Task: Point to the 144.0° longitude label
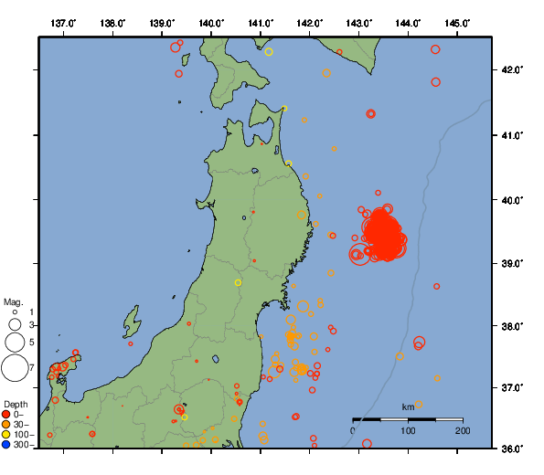[409, 22]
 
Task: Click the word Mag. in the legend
[13, 301]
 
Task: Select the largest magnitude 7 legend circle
[15, 367]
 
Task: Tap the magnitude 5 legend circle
[15, 342]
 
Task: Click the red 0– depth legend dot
[6, 416]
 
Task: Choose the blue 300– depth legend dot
[6, 445]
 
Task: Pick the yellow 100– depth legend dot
[6, 435]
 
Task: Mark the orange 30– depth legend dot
[6, 425]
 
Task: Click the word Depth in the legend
[15, 404]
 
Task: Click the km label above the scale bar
[408, 407]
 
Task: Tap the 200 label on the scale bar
[462, 429]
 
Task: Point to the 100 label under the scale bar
[408, 429]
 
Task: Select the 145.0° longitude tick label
[458, 22]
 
